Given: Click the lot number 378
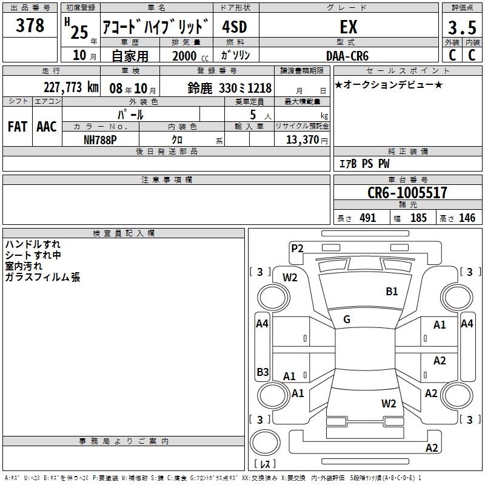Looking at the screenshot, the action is click(30, 25).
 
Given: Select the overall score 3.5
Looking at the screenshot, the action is click(462, 27).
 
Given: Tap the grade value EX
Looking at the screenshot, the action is click(349, 27).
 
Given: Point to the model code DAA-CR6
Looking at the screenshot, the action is click(347, 56).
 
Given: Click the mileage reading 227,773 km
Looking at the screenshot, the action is click(71, 87).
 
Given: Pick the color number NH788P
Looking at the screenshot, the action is click(100, 140).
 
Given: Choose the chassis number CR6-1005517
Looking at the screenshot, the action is click(407, 192).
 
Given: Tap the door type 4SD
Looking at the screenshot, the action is click(235, 27).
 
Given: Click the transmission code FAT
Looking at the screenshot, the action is click(18, 127).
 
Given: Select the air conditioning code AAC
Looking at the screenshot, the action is click(47, 127).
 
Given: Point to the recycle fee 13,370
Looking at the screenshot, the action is click(302, 139).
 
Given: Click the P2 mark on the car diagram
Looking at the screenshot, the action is click(297, 248).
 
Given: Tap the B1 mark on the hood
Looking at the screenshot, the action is click(392, 291).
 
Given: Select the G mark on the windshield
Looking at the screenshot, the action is click(347, 319).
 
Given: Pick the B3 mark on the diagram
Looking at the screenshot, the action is click(263, 372).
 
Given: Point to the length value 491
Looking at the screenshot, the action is click(368, 218).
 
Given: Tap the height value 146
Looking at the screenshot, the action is click(467, 218).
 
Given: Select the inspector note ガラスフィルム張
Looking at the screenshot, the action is click(42, 277).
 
